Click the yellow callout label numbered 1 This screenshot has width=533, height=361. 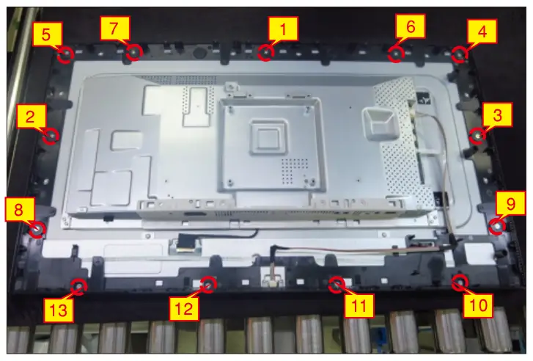coord(283,29)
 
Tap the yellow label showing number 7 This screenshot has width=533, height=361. coord(115,28)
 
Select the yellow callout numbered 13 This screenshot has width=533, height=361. coord(59,310)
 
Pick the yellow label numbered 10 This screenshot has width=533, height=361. coord(477,305)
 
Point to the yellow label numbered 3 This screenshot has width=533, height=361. coord(497,114)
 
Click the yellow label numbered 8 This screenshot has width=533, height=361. coord(19,209)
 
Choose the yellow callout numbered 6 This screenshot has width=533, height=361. coord(411,26)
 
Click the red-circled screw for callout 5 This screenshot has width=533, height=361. coord(65,54)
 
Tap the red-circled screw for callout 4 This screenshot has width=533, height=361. coord(460,54)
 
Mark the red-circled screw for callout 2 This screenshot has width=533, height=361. coord(51,136)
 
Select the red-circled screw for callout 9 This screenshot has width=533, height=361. coord(497,226)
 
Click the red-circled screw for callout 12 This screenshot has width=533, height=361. coord(208,285)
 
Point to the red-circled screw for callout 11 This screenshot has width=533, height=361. coord(337,285)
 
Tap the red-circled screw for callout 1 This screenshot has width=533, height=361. coord(266,53)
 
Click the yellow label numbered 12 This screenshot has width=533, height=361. coord(184,308)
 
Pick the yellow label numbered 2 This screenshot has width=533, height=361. coord(31,116)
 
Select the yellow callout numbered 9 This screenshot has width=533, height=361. coord(510,203)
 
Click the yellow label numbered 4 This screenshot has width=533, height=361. coord(482,31)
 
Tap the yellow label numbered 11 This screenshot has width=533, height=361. coord(359,306)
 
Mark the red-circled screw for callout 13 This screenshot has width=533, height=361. coord(79,286)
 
